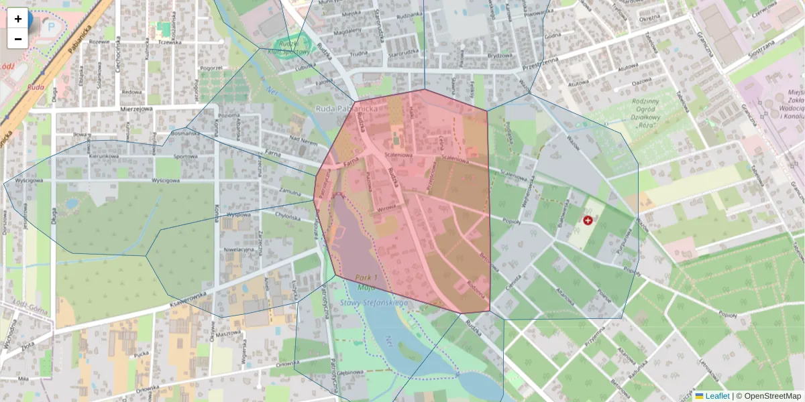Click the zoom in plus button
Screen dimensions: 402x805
click(18, 19)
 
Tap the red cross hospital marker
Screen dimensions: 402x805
click(588, 220)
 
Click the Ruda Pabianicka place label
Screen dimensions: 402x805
click(347, 108)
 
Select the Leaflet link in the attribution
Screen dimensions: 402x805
click(717, 396)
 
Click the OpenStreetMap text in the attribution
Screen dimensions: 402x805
click(768, 396)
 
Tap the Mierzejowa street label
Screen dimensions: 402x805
click(137, 107)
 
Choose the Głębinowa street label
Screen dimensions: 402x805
click(351, 376)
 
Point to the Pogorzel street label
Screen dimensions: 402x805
click(211, 68)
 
